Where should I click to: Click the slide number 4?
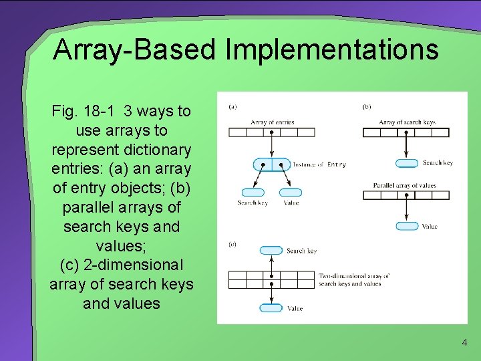[x=465, y=343]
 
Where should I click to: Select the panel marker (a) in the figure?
[x=232, y=106]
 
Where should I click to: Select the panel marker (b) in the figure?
[x=366, y=106]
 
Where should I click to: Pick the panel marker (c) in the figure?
[x=232, y=245]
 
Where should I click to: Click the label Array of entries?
[x=273, y=122]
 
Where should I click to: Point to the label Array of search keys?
[x=407, y=122]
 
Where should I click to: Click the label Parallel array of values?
[x=404, y=185]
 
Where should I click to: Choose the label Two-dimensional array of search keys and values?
[x=354, y=279]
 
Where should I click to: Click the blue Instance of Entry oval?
[x=272, y=164]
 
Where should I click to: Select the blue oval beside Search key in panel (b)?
[x=407, y=163]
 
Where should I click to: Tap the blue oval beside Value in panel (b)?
[x=407, y=226]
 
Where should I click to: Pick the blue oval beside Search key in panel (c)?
[x=271, y=251]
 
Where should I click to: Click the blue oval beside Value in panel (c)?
[x=271, y=308]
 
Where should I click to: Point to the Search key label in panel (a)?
[x=252, y=203]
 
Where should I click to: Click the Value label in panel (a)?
[x=291, y=203]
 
